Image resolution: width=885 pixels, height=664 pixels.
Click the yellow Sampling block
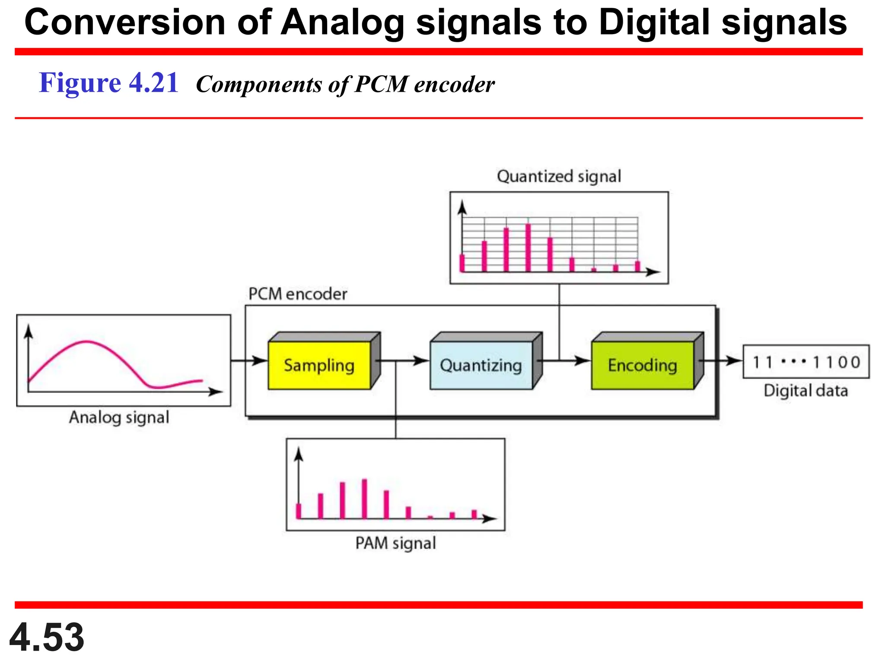tap(319, 365)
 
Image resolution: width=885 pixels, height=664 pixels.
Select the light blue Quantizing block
tap(481, 365)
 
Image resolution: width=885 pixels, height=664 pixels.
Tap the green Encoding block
tap(643, 365)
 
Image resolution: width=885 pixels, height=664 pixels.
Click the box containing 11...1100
tap(806, 362)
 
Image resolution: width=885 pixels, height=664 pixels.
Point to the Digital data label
tap(805, 391)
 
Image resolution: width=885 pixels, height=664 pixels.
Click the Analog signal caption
tap(119, 418)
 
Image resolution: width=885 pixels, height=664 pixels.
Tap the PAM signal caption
tap(395, 543)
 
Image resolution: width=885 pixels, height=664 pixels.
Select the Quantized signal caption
tap(559, 176)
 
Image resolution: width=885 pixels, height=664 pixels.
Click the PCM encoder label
tap(297, 294)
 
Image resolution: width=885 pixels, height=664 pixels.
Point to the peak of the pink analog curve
tap(86, 342)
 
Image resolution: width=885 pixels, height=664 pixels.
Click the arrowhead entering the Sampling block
tap(261, 360)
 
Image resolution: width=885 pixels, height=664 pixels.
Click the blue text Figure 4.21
tap(108, 83)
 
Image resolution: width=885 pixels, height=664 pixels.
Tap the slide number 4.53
tap(47, 637)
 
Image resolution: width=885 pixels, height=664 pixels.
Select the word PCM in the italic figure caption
tap(381, 84)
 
